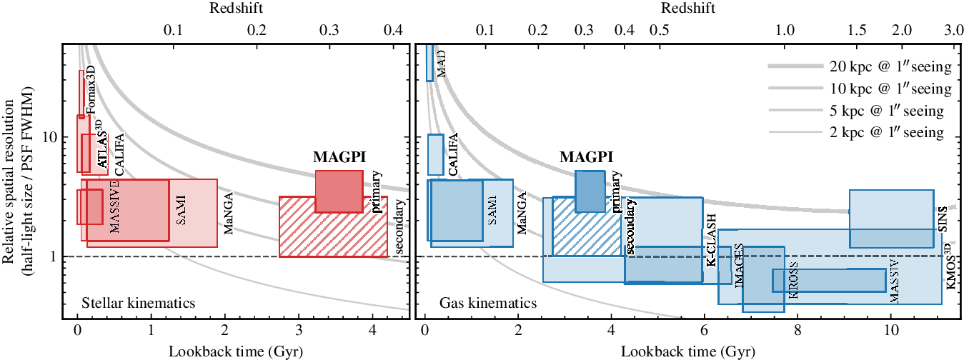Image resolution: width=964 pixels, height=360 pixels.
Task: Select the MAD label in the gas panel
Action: [x=441, y=64]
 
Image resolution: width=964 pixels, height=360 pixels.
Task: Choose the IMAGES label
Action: [x=739, y=265]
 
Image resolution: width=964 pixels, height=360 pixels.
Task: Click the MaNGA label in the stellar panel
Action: [x=229, y=216]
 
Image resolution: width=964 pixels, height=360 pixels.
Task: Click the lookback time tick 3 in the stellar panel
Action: [x=299, y=332]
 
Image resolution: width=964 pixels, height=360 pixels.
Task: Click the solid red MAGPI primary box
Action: [x=339, y=191]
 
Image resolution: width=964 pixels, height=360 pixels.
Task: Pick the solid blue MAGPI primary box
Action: [x=590, y=191]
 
